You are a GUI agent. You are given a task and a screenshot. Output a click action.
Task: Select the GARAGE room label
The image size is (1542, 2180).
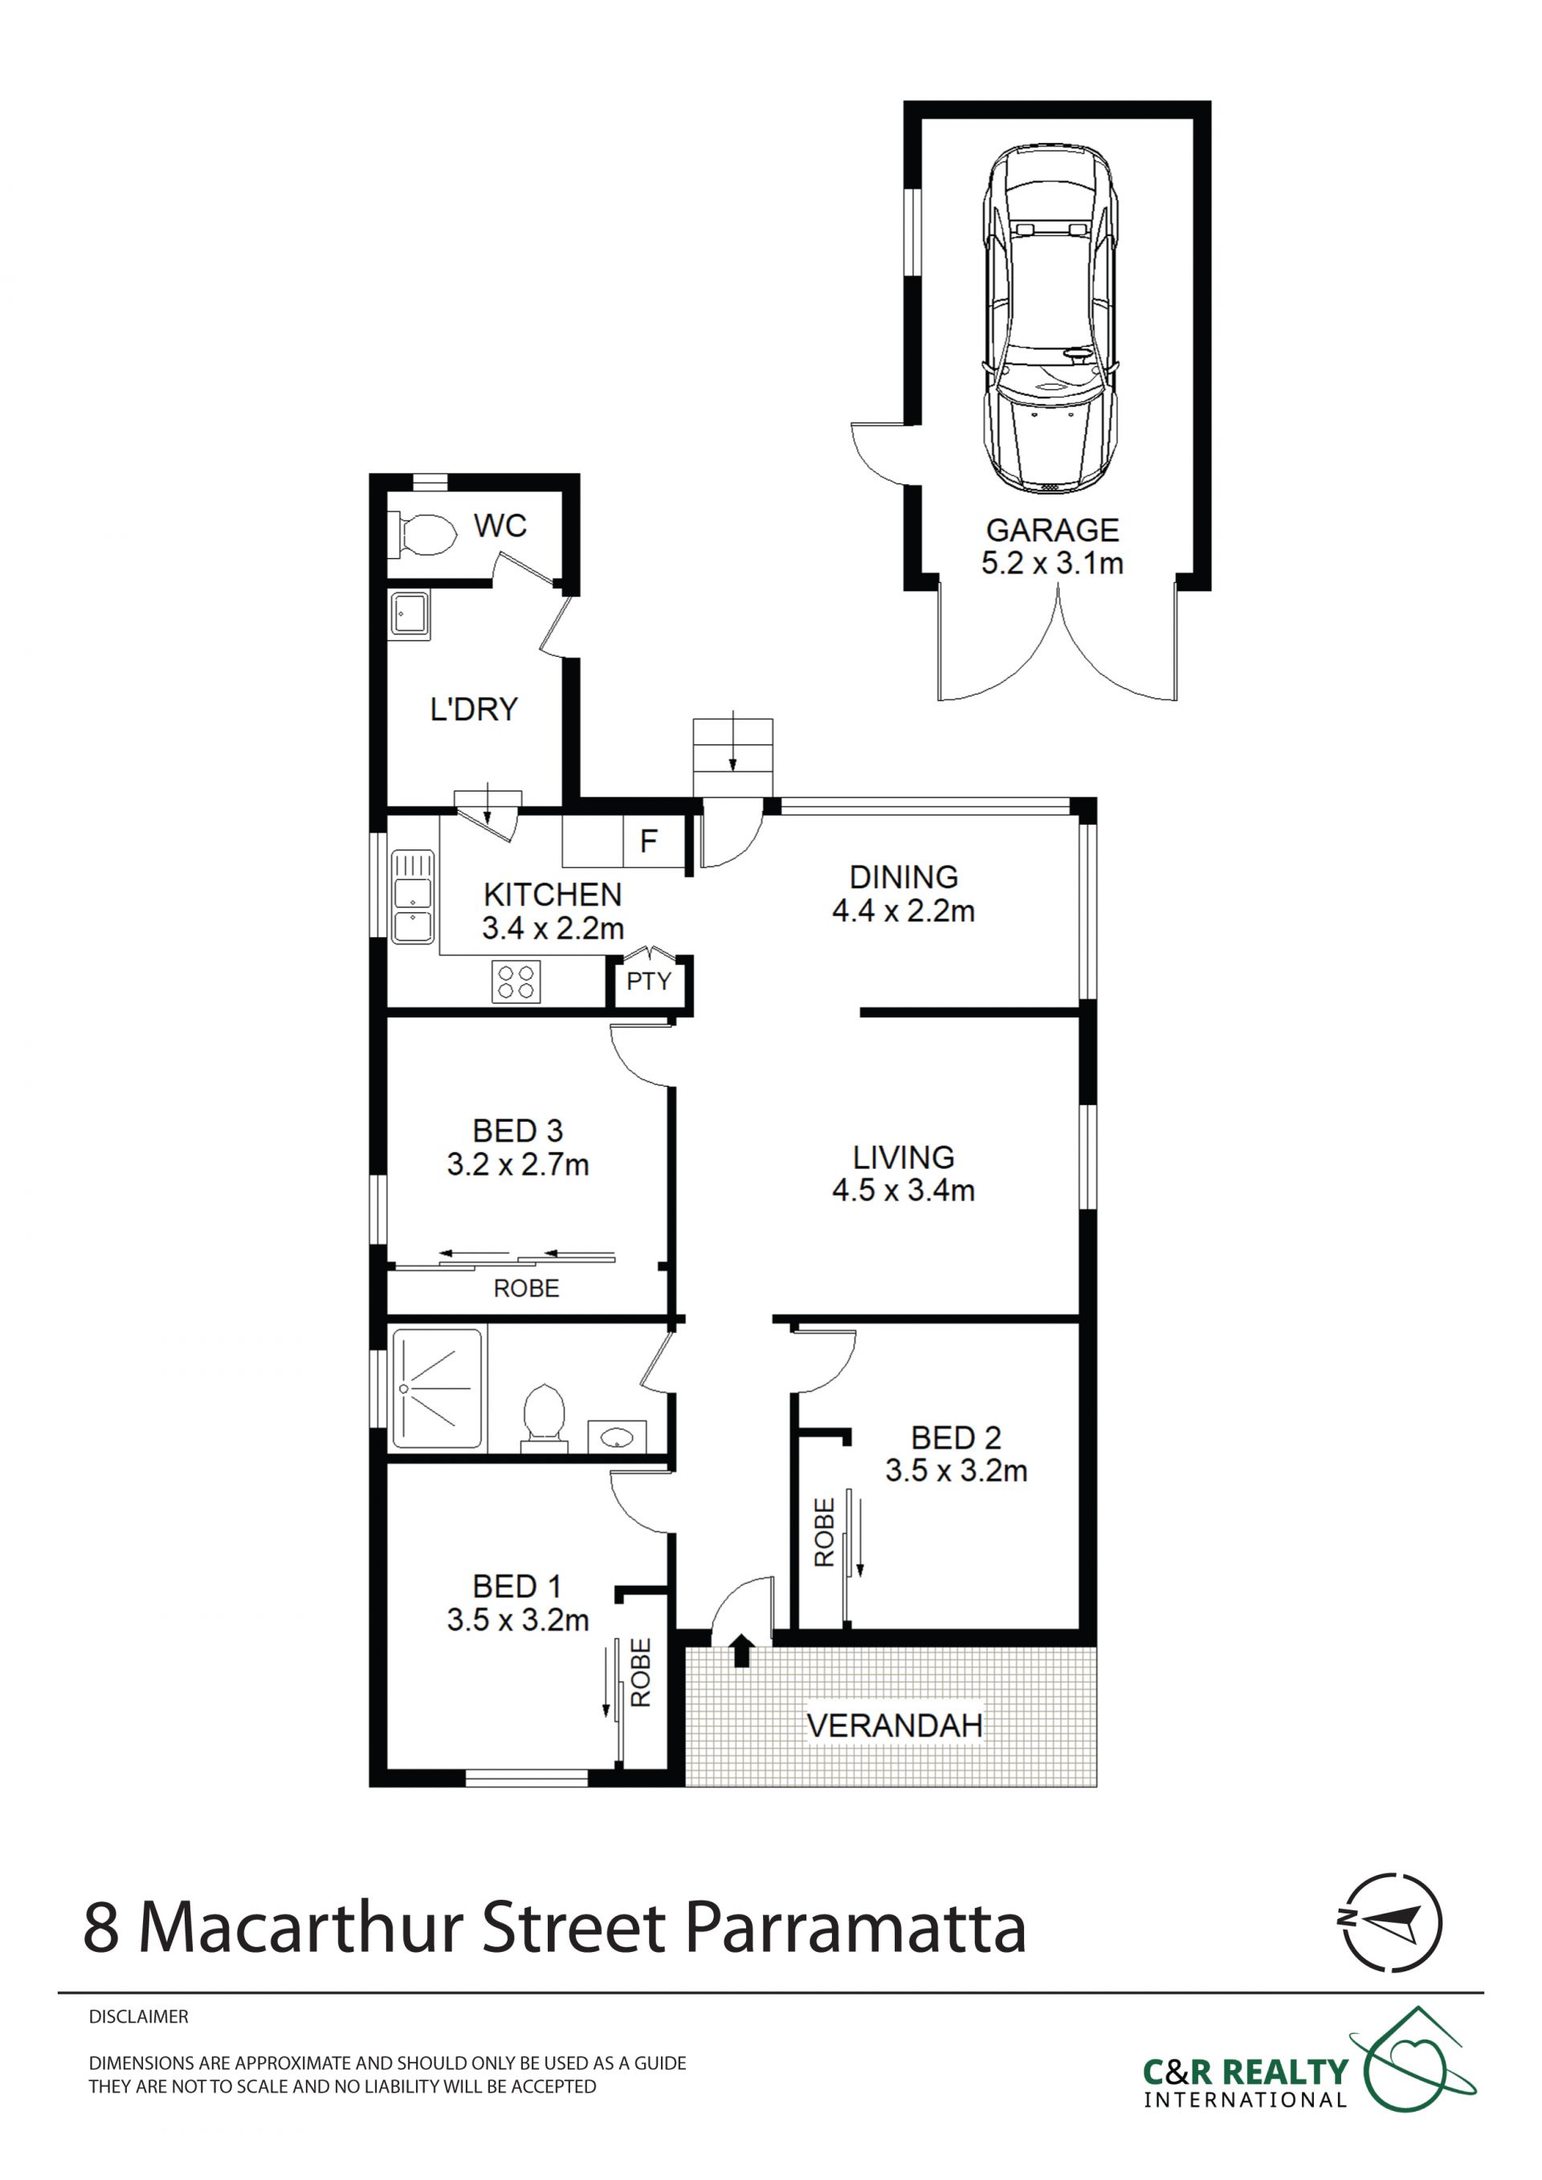click(1052, 530)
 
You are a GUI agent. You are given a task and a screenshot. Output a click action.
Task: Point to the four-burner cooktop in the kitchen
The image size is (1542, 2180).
click(516, 982)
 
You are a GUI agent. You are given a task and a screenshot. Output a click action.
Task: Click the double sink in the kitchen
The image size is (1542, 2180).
click(412, 896)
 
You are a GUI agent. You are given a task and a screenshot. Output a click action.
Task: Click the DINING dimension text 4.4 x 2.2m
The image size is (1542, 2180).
click(903, 911)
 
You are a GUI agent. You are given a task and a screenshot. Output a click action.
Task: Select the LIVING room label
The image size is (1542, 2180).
click(903, 1157)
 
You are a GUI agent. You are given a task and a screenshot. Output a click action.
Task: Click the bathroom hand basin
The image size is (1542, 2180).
click(617, 1436)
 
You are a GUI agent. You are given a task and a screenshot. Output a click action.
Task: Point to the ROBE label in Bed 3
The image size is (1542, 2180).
click(526, 1289)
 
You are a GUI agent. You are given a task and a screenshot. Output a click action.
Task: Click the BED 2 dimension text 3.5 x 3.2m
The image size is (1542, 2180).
click(957, 1471)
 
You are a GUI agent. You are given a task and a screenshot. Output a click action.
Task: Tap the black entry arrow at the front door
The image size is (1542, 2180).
click(741, 1648)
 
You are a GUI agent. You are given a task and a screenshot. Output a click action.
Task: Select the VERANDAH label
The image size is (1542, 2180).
click(895, 1726)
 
